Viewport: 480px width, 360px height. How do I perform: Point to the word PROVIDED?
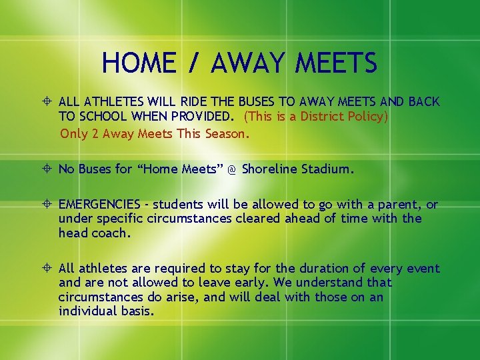point(200,116)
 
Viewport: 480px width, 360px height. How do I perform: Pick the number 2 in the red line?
point(96,133)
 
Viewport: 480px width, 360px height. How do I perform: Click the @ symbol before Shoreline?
point(231,169)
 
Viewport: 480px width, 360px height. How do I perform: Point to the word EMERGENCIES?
point(99,205)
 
